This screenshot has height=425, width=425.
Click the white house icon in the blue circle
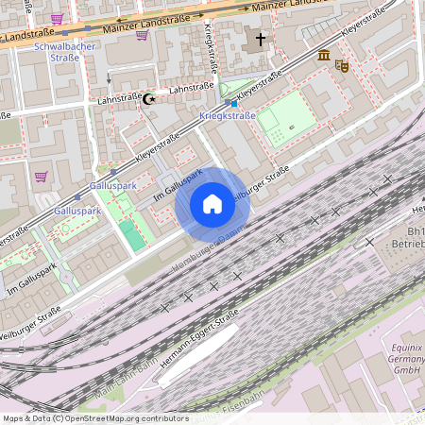pyautogui.click(x=212, y=204)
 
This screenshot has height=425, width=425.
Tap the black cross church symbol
pyautogui.click(x=260, y=41)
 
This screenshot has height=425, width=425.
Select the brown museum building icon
pyautogui.click(x=324, y=57)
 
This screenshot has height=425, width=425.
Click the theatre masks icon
pyautogui.click(x=342, y=66)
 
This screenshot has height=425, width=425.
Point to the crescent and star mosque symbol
pyautogui.click(x=148, y=98)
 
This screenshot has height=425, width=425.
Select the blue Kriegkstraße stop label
pyautogui.click(x=228, y=115)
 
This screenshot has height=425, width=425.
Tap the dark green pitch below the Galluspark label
pyautogui.click(x=133, y=236)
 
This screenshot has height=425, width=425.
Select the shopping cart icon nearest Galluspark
pyautogui.click(x=42, y=176)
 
